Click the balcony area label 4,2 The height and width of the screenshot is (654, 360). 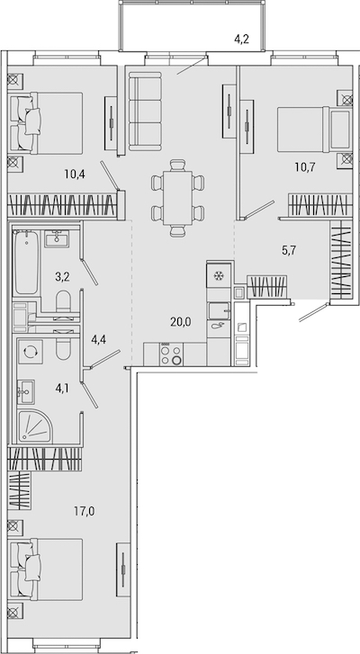(241, 40)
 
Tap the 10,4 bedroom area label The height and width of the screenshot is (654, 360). (75, 174)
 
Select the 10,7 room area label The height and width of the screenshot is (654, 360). (304, 167)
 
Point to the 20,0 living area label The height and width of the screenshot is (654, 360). (181, 321)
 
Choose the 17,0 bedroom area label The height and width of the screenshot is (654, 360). (85, 510)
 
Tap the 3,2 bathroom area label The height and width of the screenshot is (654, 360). (62, 276)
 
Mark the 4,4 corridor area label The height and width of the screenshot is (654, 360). (98, 339)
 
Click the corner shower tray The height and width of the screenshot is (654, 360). (35, 426)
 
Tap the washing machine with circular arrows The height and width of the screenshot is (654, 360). (30, 352)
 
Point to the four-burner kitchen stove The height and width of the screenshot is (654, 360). (171, 354)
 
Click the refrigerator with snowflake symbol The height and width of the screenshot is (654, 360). (218, 274)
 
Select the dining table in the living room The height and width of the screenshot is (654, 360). (177, 198)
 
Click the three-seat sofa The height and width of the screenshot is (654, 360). (144, 111)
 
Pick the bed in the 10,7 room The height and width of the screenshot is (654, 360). (314, 130)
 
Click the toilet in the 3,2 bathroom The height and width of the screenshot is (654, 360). (63, 301)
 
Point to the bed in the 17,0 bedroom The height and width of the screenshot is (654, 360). (46, 569)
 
